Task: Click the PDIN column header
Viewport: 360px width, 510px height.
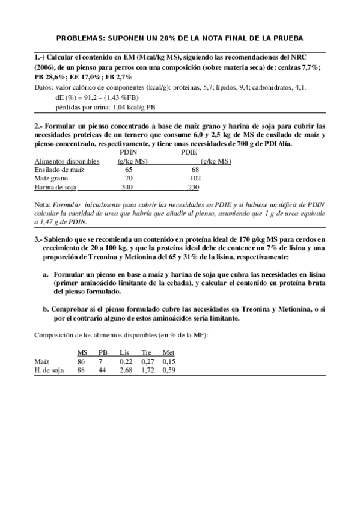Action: coord(129,153)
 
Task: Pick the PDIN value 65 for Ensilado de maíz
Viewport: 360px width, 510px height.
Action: coord(129,170)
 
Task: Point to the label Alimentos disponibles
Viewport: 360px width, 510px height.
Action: coord(66,161)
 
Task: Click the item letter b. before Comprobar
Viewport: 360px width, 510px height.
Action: coord(46,309)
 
